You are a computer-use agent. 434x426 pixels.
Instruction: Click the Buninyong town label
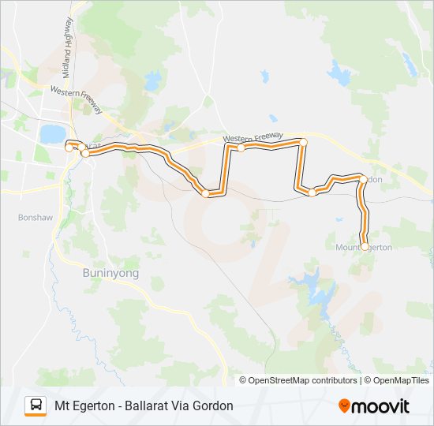click(110, 273)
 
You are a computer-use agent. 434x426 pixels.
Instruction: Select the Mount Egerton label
click(364, 248)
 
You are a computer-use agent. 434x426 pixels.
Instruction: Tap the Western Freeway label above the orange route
click(253, 138)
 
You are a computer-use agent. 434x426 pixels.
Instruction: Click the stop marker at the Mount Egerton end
click(364, 247)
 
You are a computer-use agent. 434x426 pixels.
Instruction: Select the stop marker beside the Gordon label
click(362, 179)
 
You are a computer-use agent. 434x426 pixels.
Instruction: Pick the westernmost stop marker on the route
click(69, 148)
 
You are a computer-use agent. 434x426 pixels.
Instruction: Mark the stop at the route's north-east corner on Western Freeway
click(303, 142)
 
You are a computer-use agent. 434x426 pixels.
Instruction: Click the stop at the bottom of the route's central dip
click(205, 193)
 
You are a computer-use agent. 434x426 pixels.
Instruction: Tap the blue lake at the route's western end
click(52, 133)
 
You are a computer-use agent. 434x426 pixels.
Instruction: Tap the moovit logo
click(374, 406)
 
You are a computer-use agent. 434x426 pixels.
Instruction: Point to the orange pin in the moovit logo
click(344, 406)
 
